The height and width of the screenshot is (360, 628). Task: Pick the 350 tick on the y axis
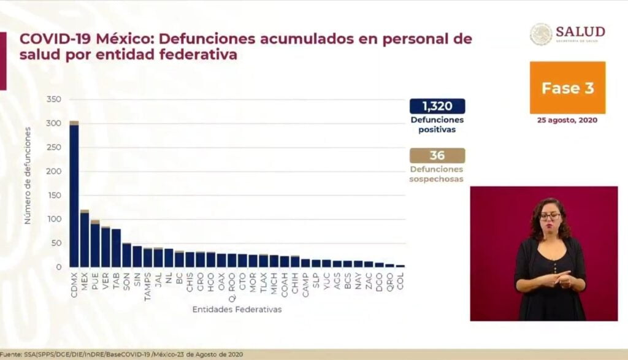(x=53, y=99)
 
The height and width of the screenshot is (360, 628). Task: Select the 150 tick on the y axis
(x=53, y=195)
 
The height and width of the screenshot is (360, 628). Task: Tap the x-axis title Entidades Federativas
(x=237, y=310)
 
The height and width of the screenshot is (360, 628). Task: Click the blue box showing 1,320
(x=437, y=106)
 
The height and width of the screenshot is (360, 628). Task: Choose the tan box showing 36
(x=437, y=155)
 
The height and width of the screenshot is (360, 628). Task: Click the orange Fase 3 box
(x=567, y=88)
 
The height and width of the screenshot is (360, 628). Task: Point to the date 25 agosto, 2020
(x=567, y=120)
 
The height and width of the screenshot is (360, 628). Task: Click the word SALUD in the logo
(x=580, y=32)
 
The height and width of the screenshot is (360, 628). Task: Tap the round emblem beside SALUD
(x=541, y=34)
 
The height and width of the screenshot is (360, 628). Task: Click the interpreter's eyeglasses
(x=549, y=216)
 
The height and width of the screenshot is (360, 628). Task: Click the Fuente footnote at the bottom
(x=123, y=354)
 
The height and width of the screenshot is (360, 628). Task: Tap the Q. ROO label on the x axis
(x=232, y=281)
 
